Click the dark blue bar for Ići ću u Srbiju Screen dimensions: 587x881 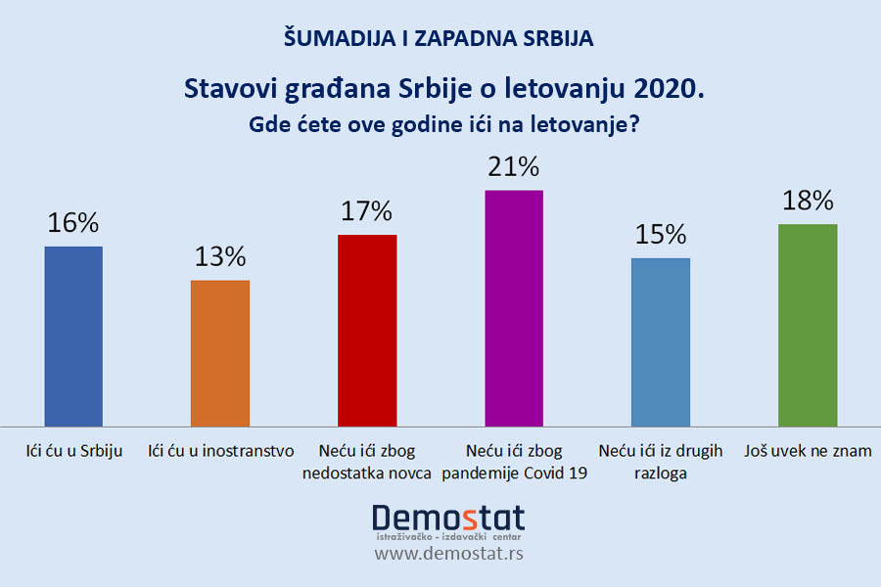coord(73,336)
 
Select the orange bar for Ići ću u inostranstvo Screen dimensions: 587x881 coord(219,353)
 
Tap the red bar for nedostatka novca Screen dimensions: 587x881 coord(367,331)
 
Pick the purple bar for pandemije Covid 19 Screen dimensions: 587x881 coord(514,308)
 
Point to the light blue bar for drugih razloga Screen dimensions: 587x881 coord(661,342)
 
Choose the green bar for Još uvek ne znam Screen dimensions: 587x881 coord(808,325)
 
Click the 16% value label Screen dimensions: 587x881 coord(73,223)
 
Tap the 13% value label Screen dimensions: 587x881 coord(219,257)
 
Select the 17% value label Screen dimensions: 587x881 coord(367,211)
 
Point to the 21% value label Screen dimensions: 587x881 coord(514,167)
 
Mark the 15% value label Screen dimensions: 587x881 coord(661,235)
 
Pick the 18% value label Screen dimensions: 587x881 coord(808,201)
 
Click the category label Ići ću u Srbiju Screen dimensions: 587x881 coord(73,452)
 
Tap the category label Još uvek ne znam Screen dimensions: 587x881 coord(808,452)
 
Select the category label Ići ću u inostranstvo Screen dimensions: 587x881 coord(219,452)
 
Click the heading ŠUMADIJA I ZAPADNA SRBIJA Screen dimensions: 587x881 coord(440,39)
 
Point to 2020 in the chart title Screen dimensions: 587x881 coord(669,89)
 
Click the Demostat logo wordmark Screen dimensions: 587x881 coord(448,518)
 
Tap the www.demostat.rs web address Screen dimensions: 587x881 coord(448,554)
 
